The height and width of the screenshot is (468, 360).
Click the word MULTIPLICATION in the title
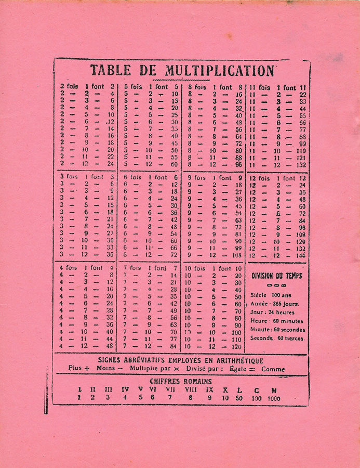[x=219, y=70]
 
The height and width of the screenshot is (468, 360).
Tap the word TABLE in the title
[x=111, y=70]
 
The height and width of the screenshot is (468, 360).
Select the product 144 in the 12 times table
[x=300, y=255]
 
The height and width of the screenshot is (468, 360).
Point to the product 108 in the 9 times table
[x=236, y=255]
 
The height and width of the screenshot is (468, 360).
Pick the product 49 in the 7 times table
[x=173, y=310]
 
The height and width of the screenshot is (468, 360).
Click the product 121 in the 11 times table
[x=301, y=158]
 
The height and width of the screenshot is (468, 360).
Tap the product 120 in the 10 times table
[x=236, y=346]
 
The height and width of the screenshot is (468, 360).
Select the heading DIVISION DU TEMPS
[x=276, y=276]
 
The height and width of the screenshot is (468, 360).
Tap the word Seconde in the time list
[x=262, y=338]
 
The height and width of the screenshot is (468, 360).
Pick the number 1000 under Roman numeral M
[x=274, y=399]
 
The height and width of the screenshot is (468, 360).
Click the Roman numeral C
[x=257, y=389]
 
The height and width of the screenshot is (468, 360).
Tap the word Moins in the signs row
[x=105, y=368]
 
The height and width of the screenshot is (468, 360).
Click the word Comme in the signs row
[x=273, y=369]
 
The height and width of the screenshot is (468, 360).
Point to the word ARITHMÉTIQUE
[x=236, y=360]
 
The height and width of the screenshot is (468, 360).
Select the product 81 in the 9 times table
[x=238, y=234]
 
